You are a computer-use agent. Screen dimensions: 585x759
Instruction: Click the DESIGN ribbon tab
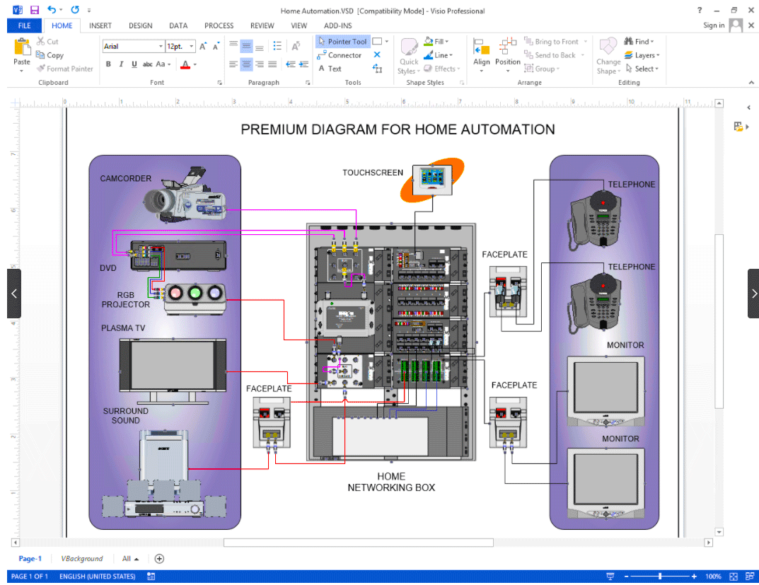pos(140,25)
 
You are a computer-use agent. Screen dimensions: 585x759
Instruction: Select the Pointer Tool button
pos(342,42)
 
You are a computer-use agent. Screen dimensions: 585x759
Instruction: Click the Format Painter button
pos(64,69)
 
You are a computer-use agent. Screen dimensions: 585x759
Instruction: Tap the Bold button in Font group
pos(108,64)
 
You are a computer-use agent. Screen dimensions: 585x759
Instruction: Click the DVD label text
pos(108,269)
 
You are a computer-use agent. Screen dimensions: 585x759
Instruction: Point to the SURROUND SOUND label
pos(126,415)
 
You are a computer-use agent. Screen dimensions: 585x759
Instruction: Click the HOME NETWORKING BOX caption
pos(391,482)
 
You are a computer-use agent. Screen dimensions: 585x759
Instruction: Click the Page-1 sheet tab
pos(30,559)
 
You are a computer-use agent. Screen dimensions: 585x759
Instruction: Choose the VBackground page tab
pos(81,559)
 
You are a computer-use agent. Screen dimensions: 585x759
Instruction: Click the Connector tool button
pos(340,55)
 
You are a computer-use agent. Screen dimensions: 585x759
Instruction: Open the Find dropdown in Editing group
pos(639,42)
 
